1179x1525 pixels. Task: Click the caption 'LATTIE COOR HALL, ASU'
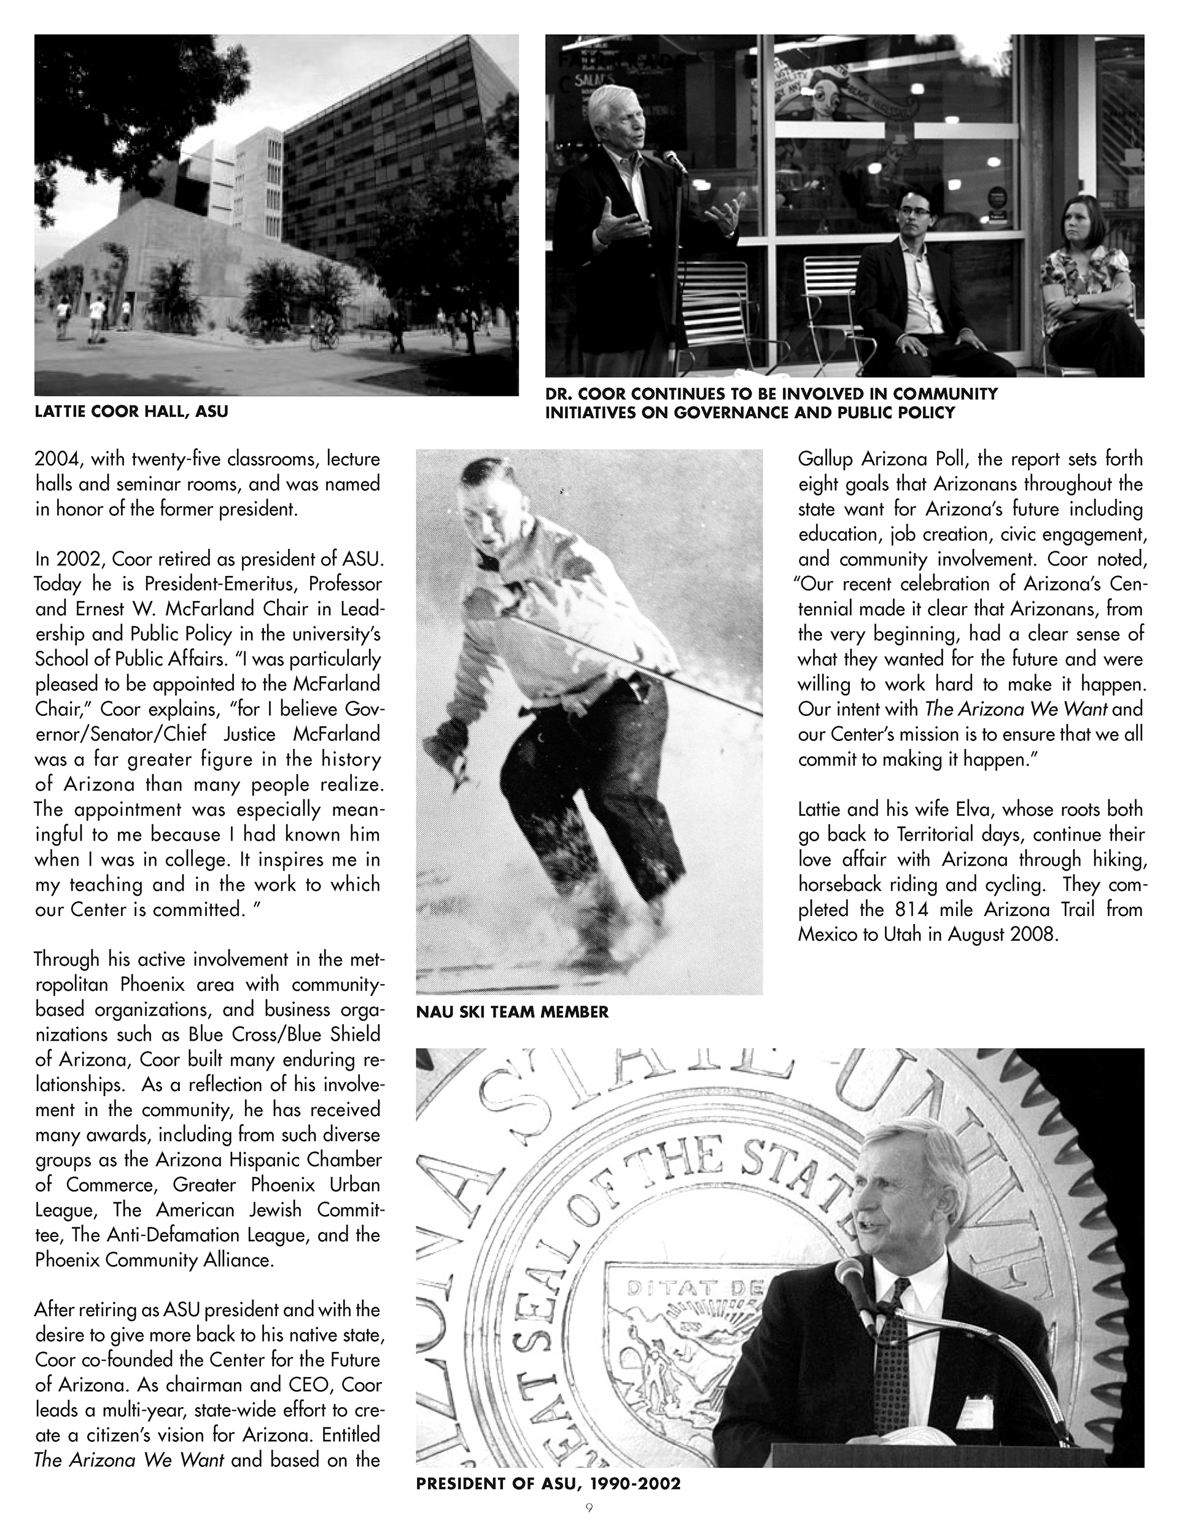pyautogui.click(x=131, y=412)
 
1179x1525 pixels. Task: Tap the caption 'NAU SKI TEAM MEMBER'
pyautogui.click(x=512, y=1012)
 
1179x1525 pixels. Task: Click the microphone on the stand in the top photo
pyautogui.click(x=673, y=161)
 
